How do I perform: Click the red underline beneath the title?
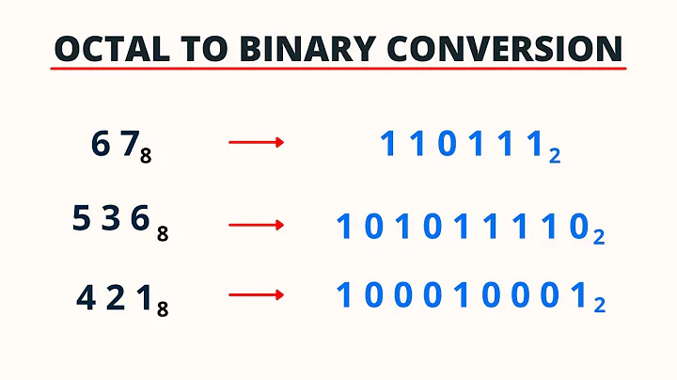tap(338, 73)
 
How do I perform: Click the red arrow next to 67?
tap(256, 143)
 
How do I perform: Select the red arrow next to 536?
tap(256, 225)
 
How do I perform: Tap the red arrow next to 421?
tap(256, 295)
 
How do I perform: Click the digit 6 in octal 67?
tap(102, 144)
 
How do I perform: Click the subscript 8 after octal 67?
tap(146, 157)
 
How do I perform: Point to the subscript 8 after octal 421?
tap(163, 309)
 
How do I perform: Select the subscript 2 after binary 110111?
tap(555, 156)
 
